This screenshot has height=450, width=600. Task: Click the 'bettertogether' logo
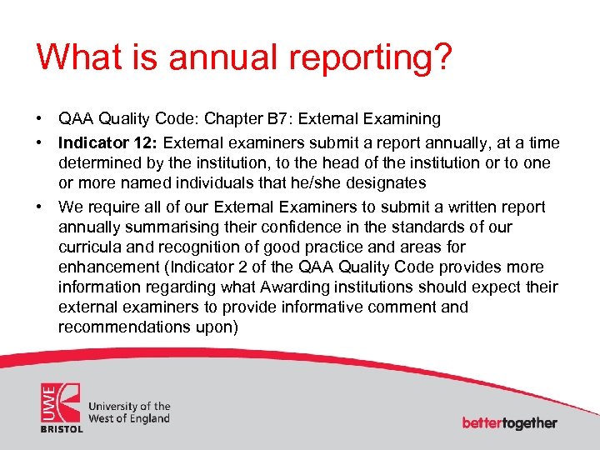pos(509,422)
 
